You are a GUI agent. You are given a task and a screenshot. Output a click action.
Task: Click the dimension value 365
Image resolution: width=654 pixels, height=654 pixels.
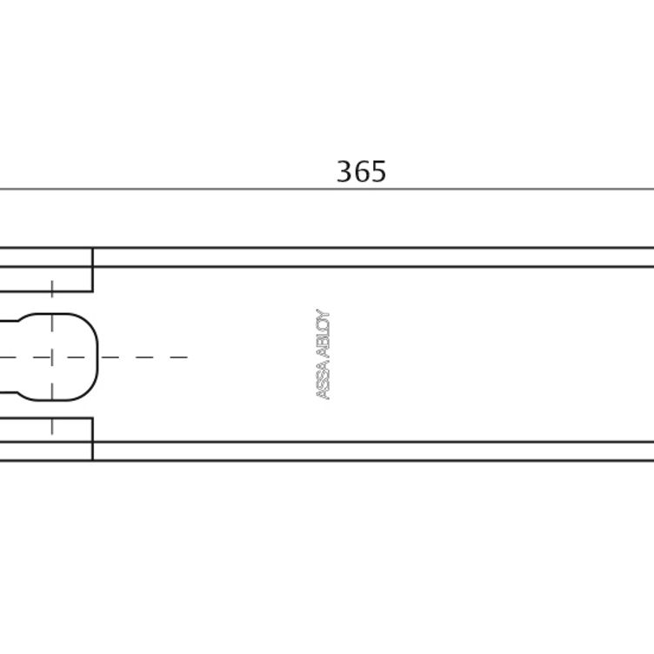[x=361, y=171]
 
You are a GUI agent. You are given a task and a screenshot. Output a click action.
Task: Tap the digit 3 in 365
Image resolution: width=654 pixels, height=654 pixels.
[x=344, y=171]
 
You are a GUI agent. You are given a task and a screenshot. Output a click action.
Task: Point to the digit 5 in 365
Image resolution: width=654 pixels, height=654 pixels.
[x=378, y=171]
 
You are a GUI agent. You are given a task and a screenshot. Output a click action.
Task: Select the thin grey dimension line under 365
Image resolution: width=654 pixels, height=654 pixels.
[x=327, y=189]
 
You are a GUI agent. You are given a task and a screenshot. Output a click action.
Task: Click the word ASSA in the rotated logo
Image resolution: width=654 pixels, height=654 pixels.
[x=324, y=381]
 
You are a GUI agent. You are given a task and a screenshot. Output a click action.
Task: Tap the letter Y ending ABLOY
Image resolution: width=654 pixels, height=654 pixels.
[x=324, y=314]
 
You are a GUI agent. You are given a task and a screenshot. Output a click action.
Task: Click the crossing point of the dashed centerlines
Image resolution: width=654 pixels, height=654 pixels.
[x=51, y=357]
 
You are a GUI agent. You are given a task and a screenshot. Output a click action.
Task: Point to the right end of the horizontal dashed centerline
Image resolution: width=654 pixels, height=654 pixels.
[x=187, y=357]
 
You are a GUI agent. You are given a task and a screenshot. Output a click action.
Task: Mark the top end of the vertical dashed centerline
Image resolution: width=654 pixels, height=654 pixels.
[x=51, y=281]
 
